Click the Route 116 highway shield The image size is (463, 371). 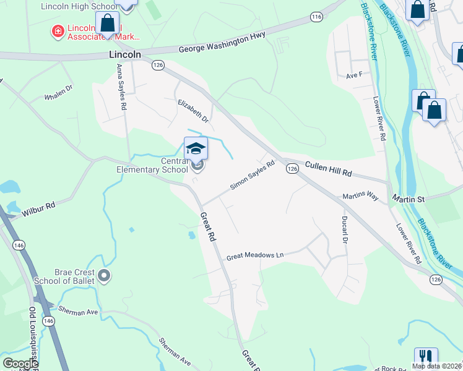317,17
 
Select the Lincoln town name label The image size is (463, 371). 125,55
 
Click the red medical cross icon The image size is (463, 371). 58,30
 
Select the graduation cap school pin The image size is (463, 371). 196,148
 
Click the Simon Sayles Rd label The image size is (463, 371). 252,176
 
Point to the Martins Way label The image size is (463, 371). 360,196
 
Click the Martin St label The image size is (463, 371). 408,199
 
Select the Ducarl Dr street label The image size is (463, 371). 345,229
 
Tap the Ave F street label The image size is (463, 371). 353,75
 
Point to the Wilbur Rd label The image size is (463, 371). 40,208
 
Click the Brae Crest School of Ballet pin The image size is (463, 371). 104,275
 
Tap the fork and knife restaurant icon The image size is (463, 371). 426,357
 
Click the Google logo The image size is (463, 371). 20,364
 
